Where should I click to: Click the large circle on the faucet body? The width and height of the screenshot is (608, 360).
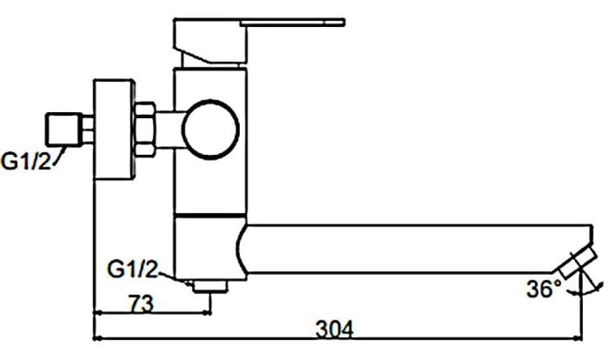coord(210,128)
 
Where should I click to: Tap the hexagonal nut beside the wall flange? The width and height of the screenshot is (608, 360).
coord(145,130)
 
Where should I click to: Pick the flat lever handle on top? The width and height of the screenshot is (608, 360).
coord(292,23)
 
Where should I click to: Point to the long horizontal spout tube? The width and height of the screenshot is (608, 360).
coord(414,248)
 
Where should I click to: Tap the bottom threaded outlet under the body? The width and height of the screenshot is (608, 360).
coord(210,287)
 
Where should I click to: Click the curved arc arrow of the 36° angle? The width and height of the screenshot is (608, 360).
coord(591,289)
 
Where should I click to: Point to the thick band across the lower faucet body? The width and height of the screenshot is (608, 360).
coord(210,214)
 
